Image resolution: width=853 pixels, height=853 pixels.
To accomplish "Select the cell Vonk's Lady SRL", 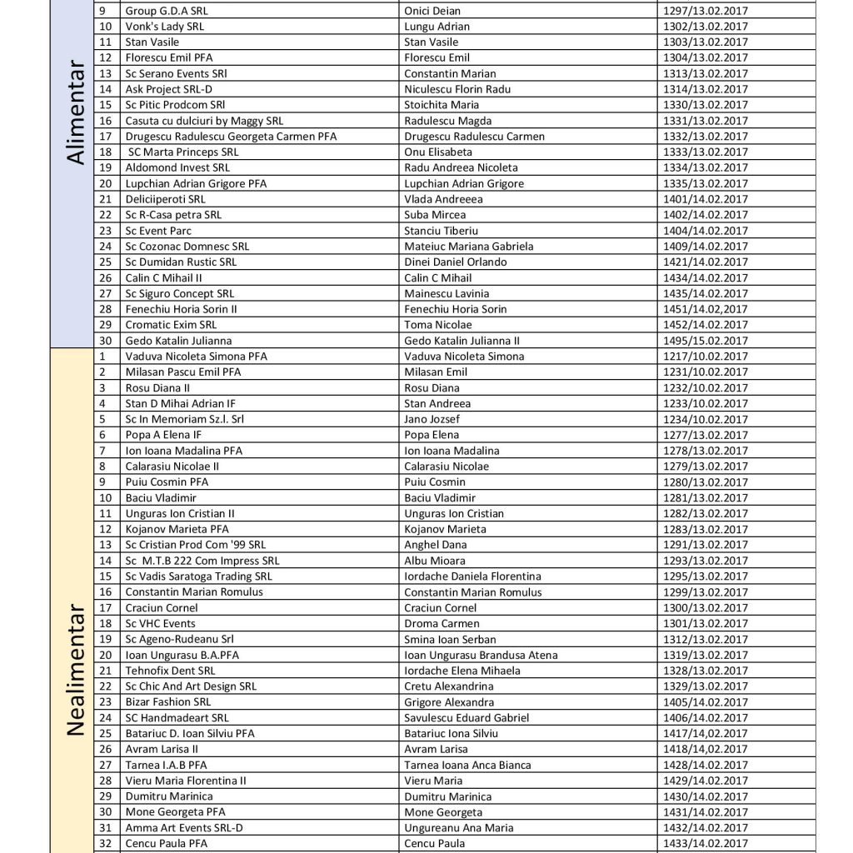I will click(164, 27).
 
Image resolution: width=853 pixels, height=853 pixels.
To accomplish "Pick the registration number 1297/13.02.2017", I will click(705, 11).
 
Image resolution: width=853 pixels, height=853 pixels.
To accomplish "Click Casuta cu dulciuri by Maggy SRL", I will click(204, 121).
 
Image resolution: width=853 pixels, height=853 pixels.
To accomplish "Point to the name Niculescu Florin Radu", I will click(457, 89).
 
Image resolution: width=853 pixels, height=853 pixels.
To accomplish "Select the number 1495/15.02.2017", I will click(705, 341).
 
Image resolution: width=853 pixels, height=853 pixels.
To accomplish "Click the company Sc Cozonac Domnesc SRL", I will click(187, 247).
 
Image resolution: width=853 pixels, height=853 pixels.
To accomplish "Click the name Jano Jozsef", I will click(432, 419).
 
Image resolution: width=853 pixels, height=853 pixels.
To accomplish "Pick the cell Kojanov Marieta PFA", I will click(177, 529).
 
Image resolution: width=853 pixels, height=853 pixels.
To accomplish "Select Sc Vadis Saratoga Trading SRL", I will click(198, 576).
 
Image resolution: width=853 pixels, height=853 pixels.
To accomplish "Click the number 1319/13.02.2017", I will click(705, 655).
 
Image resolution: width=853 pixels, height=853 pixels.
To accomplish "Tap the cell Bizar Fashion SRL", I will click(167, 702).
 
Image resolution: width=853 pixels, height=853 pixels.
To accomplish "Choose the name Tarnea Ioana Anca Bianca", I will click(466, 765).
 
